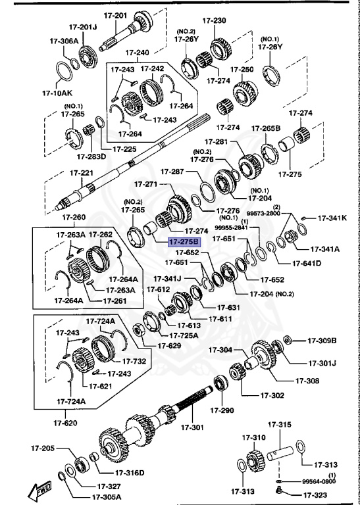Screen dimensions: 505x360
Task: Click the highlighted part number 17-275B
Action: coord(184,242)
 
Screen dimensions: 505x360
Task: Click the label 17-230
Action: coord(214,21)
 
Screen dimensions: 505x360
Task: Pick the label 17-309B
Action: coord(322,341)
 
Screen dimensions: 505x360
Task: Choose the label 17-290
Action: coord(222,410)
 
